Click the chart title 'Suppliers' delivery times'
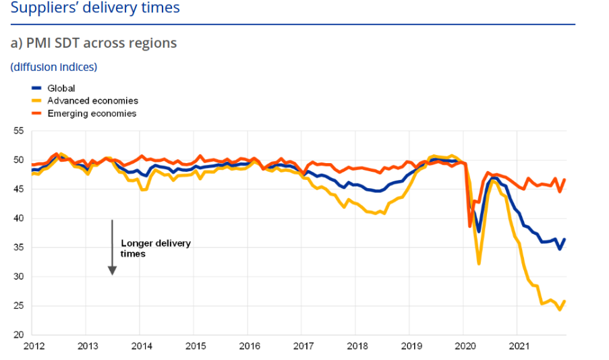pos(95,8)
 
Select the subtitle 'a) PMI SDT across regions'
pos(94,43)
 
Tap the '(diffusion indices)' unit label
pos(54,67)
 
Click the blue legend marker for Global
pos(37,88)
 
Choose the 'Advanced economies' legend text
pos(92,100)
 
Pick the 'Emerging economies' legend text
pos(92,113)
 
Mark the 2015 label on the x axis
pos(194,346)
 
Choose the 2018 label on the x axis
pos(355,346)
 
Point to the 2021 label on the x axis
pos(517,346)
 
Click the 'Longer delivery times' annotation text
pos(155,248)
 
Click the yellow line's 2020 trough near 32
pos(479,263)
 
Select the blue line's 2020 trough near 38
pos(479,231)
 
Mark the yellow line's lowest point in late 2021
pos(560,309)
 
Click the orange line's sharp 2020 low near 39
pos(470,226)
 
